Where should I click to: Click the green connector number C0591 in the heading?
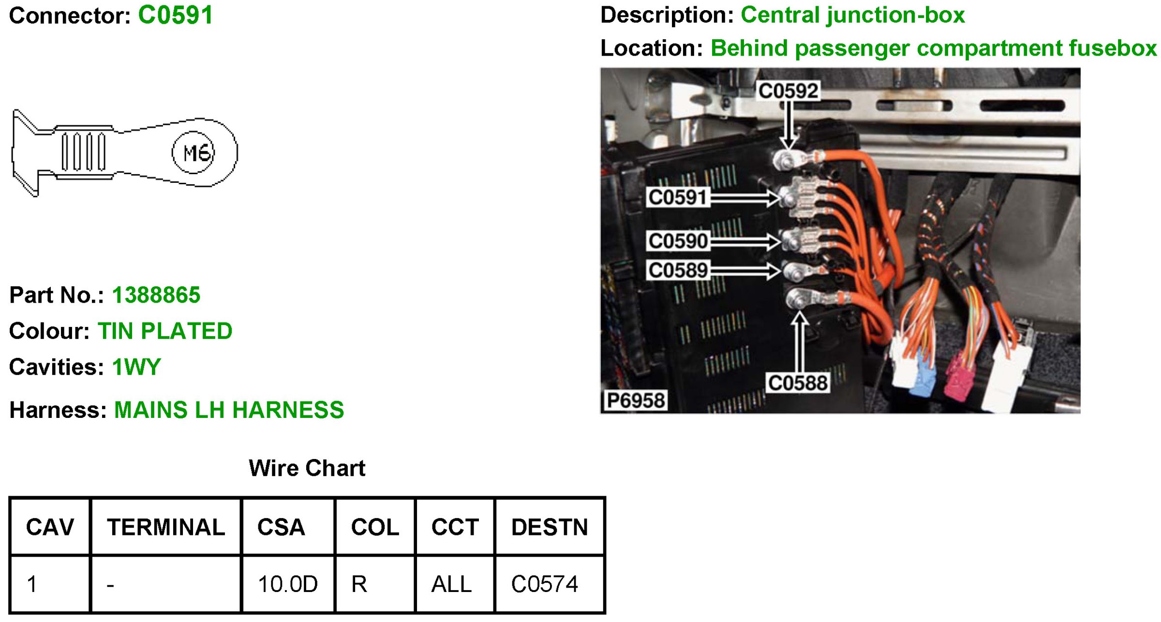(175, 15)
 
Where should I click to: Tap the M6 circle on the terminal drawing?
(193, 152)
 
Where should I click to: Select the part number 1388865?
(156, 295)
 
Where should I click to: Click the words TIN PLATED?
(165, 331)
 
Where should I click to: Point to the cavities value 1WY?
(136, 367)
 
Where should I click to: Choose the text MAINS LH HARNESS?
(229, 410)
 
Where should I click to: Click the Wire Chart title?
(307, 468)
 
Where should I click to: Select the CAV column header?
(50, 527)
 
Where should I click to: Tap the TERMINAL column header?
(166, 527)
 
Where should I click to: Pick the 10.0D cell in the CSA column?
(287, 584)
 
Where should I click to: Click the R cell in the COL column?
(359, 584)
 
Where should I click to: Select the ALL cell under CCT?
(451, 584)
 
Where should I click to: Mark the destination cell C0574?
(544, 584)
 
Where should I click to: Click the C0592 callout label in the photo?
(788, 91)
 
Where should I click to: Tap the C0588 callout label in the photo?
(798, 383)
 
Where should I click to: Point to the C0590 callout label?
(678, 241)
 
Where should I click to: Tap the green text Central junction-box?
(852, 15)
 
